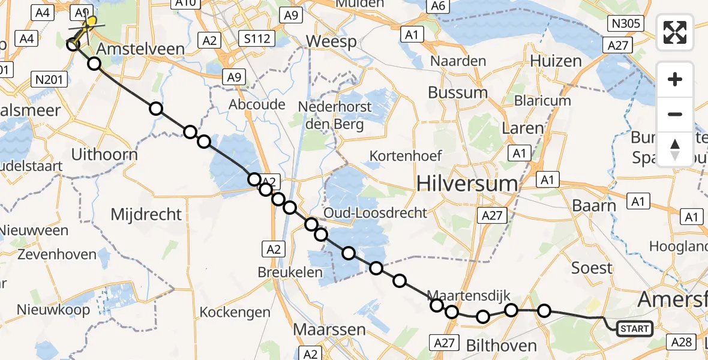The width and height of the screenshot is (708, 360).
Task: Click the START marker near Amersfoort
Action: point(634,328)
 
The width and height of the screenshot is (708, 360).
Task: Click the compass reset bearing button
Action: point(675,149)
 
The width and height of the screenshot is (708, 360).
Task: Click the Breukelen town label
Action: point(290,272)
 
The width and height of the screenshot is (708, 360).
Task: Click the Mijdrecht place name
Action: point(146,214)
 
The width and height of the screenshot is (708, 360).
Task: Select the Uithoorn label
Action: point(104,154)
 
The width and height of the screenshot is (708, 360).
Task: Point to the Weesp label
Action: point(331,42)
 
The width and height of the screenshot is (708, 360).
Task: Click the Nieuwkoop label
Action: point(53,310)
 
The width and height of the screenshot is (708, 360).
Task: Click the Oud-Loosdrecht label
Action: point(376,213)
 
